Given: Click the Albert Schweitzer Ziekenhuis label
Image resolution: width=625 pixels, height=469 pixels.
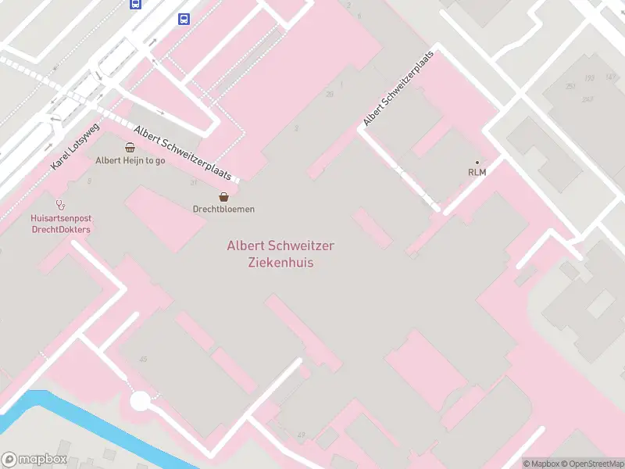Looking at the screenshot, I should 280,254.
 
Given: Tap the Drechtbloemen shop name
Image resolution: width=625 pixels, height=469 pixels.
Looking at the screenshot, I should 224,209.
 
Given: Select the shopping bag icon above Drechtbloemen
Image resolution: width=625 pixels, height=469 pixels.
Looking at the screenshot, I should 224,197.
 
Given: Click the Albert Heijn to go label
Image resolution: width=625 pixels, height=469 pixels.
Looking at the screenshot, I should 130,160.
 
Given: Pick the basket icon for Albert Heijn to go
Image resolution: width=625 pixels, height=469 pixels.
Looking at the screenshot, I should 130,148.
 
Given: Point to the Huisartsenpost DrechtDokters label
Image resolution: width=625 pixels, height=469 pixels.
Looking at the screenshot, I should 61,224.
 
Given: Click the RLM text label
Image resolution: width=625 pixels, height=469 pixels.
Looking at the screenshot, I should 477,172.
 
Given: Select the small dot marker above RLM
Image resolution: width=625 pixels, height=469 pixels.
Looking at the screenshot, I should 477,163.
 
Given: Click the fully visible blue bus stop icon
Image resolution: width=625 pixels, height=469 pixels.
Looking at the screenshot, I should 184,20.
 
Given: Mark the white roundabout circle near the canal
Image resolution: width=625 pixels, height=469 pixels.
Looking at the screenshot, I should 140,401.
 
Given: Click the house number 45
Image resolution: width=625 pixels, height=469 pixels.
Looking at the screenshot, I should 143,360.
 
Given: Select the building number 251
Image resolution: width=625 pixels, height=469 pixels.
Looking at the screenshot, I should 571,86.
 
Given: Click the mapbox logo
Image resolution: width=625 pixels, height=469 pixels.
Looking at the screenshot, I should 34,460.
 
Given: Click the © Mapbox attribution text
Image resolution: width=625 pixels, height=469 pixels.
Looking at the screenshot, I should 541,464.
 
